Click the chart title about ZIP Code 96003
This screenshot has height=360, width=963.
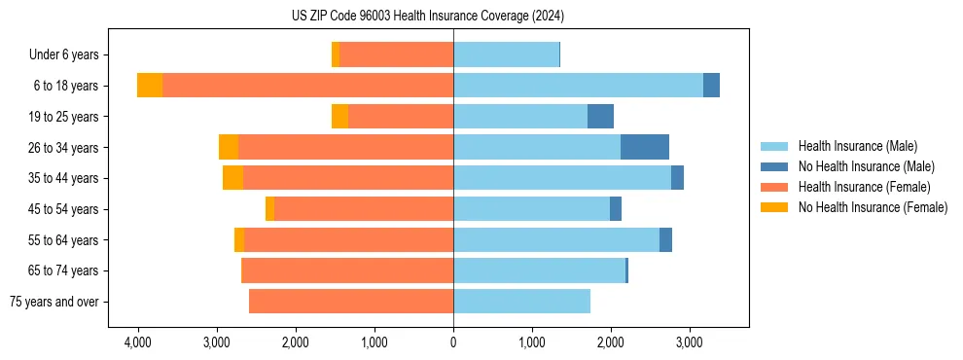454,17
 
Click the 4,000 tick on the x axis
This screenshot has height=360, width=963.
137,343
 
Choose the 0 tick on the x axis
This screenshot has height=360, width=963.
453,343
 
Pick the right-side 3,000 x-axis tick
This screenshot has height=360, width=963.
689,343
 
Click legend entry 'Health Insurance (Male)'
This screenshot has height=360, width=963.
857,146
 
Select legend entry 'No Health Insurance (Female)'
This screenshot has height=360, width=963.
873,207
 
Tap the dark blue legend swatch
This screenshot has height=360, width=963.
774,166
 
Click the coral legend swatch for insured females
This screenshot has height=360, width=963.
774,187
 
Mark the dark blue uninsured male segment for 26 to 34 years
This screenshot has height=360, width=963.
645,147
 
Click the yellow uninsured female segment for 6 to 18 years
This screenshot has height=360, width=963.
150,86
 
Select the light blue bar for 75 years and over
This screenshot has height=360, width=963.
521,302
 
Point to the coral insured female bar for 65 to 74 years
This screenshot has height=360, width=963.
347,270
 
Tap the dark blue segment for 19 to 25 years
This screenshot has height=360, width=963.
600,117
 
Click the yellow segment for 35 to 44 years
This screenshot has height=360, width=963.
232,178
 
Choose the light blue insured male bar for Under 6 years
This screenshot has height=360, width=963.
506,54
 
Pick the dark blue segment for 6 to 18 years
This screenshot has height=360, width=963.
711,86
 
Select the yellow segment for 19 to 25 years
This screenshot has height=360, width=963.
339,117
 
